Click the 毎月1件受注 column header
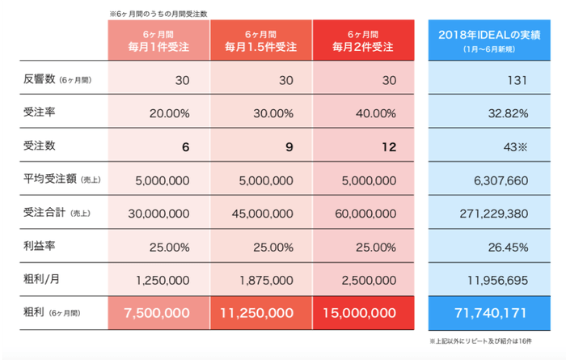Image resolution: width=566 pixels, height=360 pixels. click(159, 41)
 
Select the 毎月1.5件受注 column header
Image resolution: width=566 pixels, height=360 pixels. click(260, 41)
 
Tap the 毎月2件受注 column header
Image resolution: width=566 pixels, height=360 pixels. click(362, 41)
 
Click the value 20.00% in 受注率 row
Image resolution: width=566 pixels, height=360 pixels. click(170, 113)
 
